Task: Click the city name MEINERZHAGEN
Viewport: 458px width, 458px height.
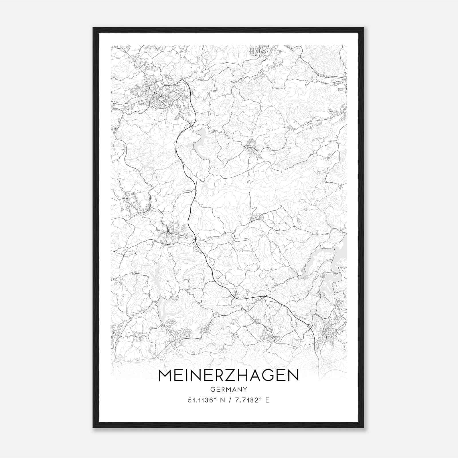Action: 228,375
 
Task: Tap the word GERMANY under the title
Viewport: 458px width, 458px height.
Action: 228,389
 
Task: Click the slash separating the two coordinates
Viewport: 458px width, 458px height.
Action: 230,400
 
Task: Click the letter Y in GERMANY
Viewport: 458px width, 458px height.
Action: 245,389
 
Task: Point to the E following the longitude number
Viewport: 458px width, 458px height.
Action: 267,400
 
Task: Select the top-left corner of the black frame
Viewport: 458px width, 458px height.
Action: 94,28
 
